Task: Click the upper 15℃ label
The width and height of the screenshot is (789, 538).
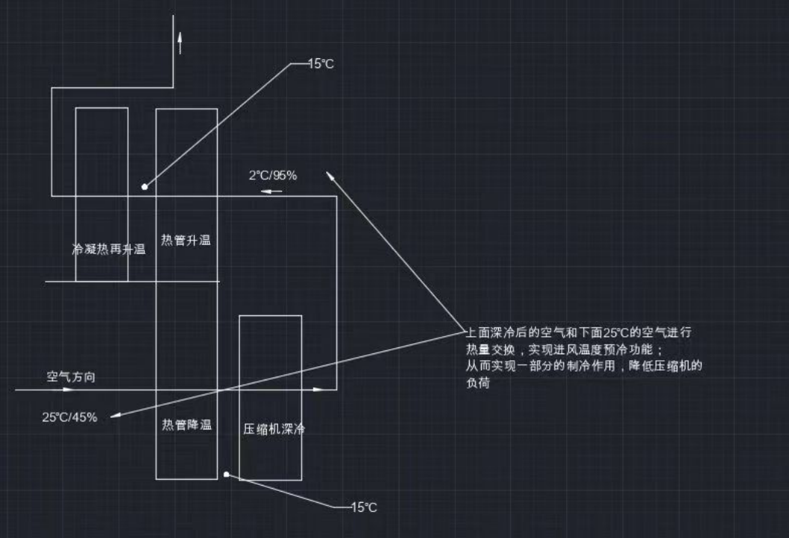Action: pos(322,64)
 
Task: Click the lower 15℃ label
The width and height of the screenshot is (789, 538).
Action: pos(364,507)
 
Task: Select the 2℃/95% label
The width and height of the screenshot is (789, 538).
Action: pos(273,176)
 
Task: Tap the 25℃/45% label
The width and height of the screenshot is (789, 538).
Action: pos(70,417)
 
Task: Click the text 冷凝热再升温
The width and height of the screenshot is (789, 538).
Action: pos(108,250)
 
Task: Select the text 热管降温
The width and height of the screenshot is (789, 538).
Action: pos(187,424)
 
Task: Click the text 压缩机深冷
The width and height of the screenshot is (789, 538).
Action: pos(274,429)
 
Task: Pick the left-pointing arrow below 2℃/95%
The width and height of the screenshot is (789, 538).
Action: pos(271,191)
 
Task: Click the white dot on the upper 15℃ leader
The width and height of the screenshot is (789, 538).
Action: pos(144,186)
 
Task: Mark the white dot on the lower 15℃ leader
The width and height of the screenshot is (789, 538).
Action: pos(227,474)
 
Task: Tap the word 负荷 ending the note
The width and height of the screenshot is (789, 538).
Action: pos(477,383)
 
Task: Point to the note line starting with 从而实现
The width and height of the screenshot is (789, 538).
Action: pos(583,366)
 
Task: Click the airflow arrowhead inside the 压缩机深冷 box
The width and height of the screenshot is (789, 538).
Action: pos(318,389)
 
